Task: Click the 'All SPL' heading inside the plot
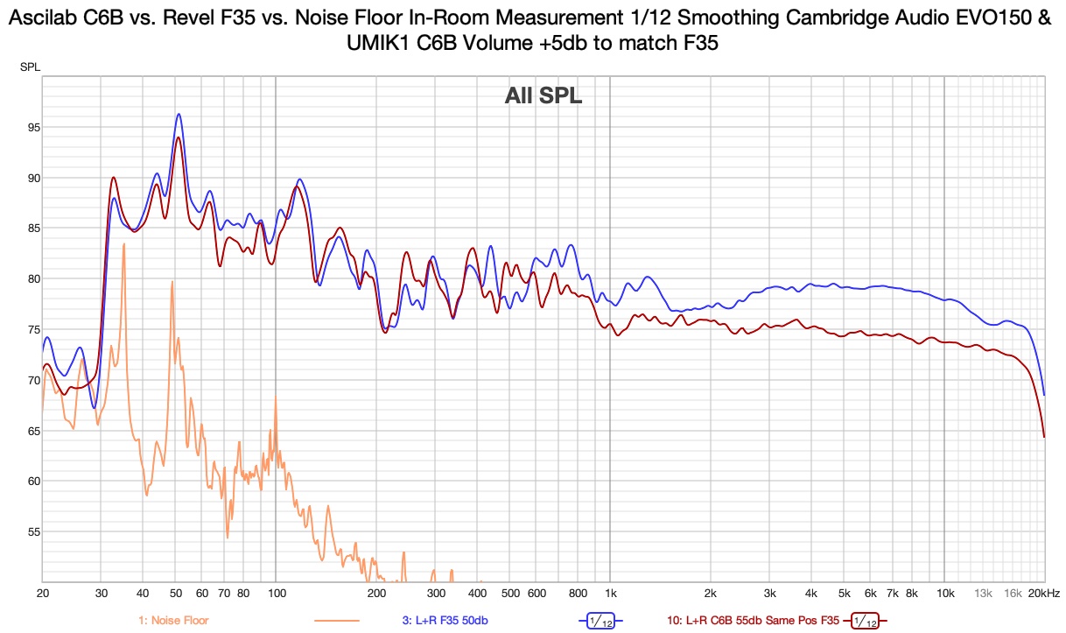543,96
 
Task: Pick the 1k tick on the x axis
610,593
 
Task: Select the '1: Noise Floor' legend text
173,621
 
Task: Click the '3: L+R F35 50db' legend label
445,621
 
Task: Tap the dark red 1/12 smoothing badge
864,621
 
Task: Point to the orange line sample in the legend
336,621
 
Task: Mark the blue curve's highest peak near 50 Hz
179,114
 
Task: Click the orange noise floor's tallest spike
123,244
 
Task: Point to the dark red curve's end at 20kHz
1044,436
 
